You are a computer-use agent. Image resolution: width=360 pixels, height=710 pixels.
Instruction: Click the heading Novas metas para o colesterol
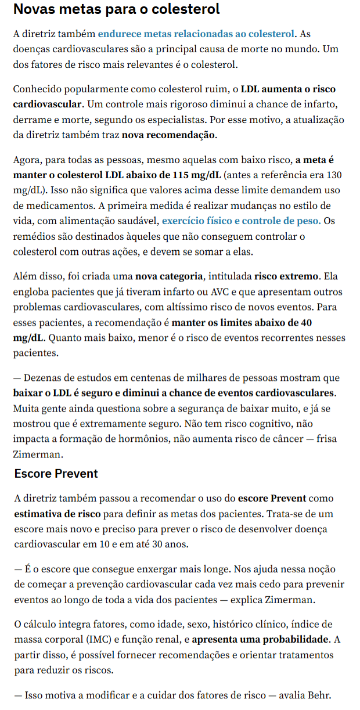tap(117, 10)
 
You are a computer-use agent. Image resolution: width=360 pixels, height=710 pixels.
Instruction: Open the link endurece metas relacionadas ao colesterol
tap(197, 35)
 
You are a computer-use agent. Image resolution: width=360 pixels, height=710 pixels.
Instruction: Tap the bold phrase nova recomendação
tap(169, 135)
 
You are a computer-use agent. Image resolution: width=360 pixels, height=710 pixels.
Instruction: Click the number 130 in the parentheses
tap(333, 175)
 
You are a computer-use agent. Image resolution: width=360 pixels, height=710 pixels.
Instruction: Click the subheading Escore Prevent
tap(56, 473)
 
